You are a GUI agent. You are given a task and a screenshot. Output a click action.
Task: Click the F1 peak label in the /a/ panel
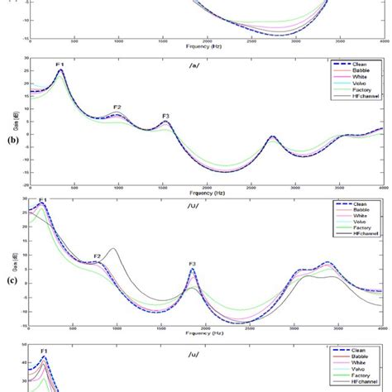coord(60,63)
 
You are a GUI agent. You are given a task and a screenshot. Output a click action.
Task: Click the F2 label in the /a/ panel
coord(117,108)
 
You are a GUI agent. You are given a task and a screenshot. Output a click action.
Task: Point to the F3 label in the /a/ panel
coord(166,116)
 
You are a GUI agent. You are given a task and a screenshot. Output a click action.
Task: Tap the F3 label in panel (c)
coord(193,265)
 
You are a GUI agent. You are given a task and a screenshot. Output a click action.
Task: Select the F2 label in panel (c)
coord(98,256)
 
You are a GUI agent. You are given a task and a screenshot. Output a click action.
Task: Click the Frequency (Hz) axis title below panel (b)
coord(206,193)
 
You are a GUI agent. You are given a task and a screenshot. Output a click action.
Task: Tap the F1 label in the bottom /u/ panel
coord(45,351)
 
